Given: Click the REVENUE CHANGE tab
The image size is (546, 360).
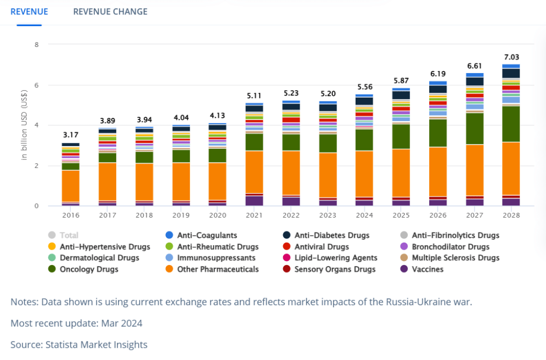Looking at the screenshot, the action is [110, 12].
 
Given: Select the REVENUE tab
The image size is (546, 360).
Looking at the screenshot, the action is [29, 12].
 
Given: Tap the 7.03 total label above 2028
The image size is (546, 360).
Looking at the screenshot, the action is [511, 57].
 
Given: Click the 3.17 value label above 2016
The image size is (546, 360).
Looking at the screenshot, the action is [71, 135].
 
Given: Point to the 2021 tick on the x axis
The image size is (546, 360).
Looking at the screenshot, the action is [254, 215].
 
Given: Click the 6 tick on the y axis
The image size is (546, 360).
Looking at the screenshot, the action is [37, 85].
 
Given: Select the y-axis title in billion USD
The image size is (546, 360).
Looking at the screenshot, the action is [23, 125].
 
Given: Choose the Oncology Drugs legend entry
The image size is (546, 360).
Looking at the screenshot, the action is [84, 269].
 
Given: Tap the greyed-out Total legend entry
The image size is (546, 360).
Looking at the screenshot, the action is [63, 235].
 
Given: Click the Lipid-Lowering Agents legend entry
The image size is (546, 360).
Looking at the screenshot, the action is [330, 258].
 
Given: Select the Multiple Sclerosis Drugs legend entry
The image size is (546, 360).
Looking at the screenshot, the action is [450, 258].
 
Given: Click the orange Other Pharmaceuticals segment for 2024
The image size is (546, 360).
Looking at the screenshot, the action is [364, 174].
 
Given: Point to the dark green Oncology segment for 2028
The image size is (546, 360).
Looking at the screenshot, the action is [511, 124].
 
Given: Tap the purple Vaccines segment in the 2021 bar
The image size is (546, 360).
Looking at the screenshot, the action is [254, 201].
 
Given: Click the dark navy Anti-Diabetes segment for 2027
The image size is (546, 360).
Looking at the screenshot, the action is [475, 82].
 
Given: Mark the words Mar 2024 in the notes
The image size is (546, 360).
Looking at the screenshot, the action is [122, 323].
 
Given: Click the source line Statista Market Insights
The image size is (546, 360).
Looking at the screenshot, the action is [97, 345].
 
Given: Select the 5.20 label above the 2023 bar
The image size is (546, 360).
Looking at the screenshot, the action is [328, 94].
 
